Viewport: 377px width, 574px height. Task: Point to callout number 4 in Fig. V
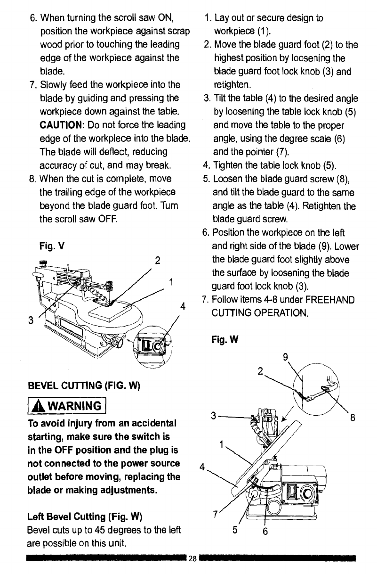[x=181, y=306]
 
